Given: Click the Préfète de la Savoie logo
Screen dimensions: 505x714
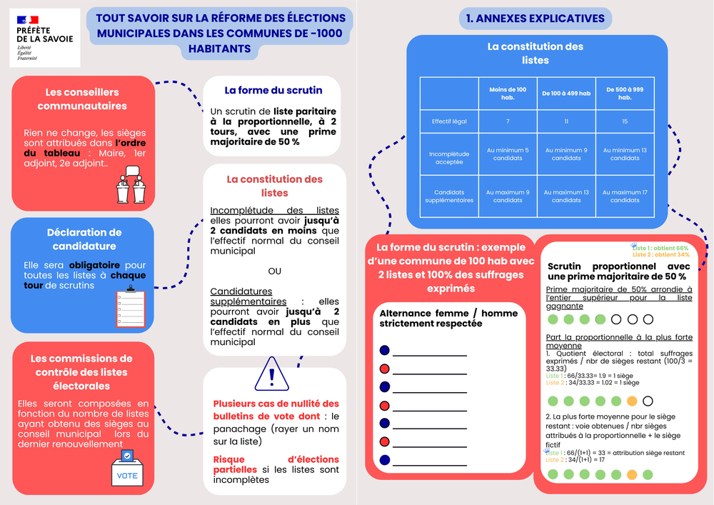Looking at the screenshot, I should pos(44,38).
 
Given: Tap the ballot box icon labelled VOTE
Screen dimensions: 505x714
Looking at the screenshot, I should pos(127,468).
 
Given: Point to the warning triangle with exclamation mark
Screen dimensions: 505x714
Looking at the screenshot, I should pos(271,374).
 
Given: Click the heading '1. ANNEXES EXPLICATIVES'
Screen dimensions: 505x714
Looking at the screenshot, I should pos(535,19).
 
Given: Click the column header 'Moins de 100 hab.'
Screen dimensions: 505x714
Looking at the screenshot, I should pos(508,94).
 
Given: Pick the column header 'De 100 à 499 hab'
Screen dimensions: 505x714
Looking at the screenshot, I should pos(566,94).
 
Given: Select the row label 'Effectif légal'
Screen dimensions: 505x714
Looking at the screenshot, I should pos(449,121).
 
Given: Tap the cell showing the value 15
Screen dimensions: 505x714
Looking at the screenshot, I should pos(625,121).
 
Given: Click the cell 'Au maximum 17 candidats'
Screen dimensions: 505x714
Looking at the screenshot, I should pos(625,196).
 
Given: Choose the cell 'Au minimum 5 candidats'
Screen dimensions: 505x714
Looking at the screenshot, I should pos(508,154).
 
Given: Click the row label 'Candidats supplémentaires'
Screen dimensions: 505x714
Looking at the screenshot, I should pos(449,196).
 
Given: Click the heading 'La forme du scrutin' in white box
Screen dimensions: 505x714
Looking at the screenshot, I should pos(273,91).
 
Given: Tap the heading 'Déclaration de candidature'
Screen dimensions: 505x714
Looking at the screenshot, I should pos(84,239).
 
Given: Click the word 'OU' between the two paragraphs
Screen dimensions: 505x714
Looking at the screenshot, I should pos(274,271).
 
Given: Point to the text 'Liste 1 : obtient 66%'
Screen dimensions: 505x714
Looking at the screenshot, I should pos(660,248).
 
